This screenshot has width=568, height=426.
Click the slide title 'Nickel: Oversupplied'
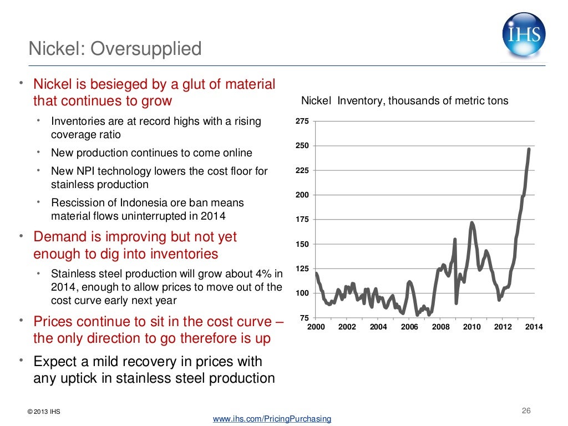point(115,49)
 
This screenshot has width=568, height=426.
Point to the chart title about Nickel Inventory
point(404,101)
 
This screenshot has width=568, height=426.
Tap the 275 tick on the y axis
point(302,121)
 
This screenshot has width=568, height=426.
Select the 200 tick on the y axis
point(302,195)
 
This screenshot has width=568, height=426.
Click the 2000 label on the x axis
point(316,327)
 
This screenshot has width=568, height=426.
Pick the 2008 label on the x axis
point(440,327)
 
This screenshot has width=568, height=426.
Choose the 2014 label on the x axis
point(534,327)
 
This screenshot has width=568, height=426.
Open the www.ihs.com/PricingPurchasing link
point(272,419)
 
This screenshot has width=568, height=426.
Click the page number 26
point(526,411)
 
